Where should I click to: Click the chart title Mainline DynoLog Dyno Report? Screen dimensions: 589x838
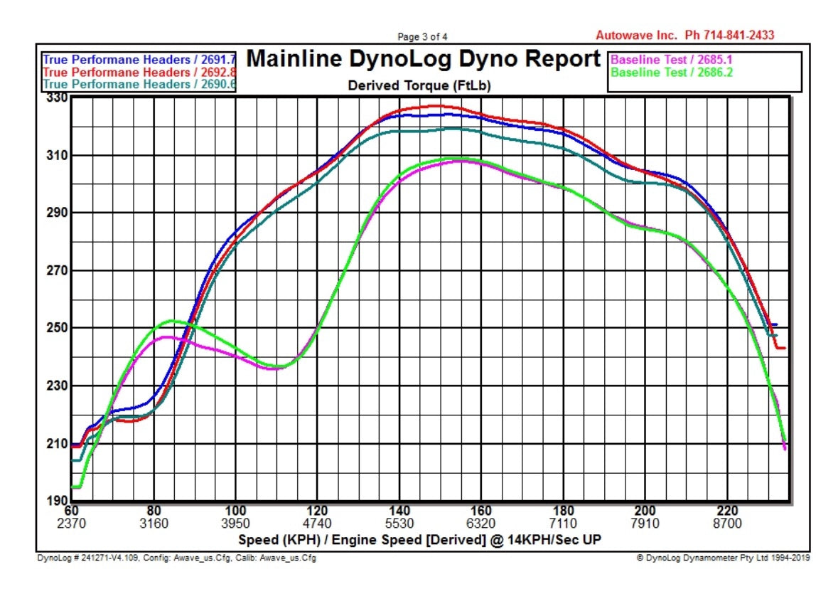coord(423,59)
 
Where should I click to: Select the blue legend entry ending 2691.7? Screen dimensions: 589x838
coord(139,60)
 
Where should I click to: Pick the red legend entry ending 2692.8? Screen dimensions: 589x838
coord(139,73)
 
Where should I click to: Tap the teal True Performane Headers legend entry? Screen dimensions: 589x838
coord(139,84)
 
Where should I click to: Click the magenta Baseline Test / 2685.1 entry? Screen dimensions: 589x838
coord(672,60)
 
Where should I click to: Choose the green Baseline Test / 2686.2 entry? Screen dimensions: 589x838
coord(672,73)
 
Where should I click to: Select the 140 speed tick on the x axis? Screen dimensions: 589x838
coord(399,511)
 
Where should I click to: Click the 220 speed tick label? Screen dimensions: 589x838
coord(727,511)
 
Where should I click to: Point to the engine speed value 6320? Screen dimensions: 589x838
coord(481,524)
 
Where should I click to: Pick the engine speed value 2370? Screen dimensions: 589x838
coord(71,524)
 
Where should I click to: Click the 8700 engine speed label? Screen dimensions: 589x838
coord(727,524)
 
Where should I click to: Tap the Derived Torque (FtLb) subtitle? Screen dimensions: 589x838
coord(419,85)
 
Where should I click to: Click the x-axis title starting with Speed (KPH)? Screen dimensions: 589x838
coord(419,540)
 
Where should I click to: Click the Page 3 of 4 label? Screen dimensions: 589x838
coord(422,36)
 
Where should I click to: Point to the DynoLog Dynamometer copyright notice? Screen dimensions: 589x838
coord(723,558)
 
